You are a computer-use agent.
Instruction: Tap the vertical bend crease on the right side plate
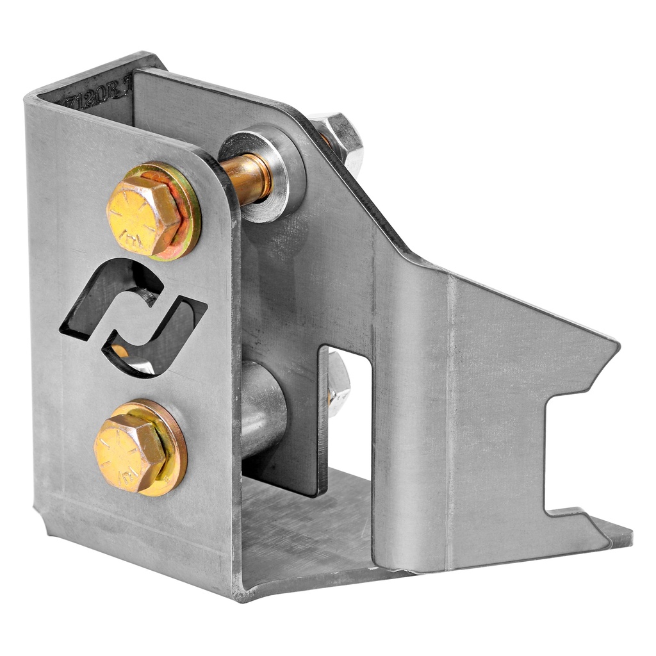click(x=448, y=416)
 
